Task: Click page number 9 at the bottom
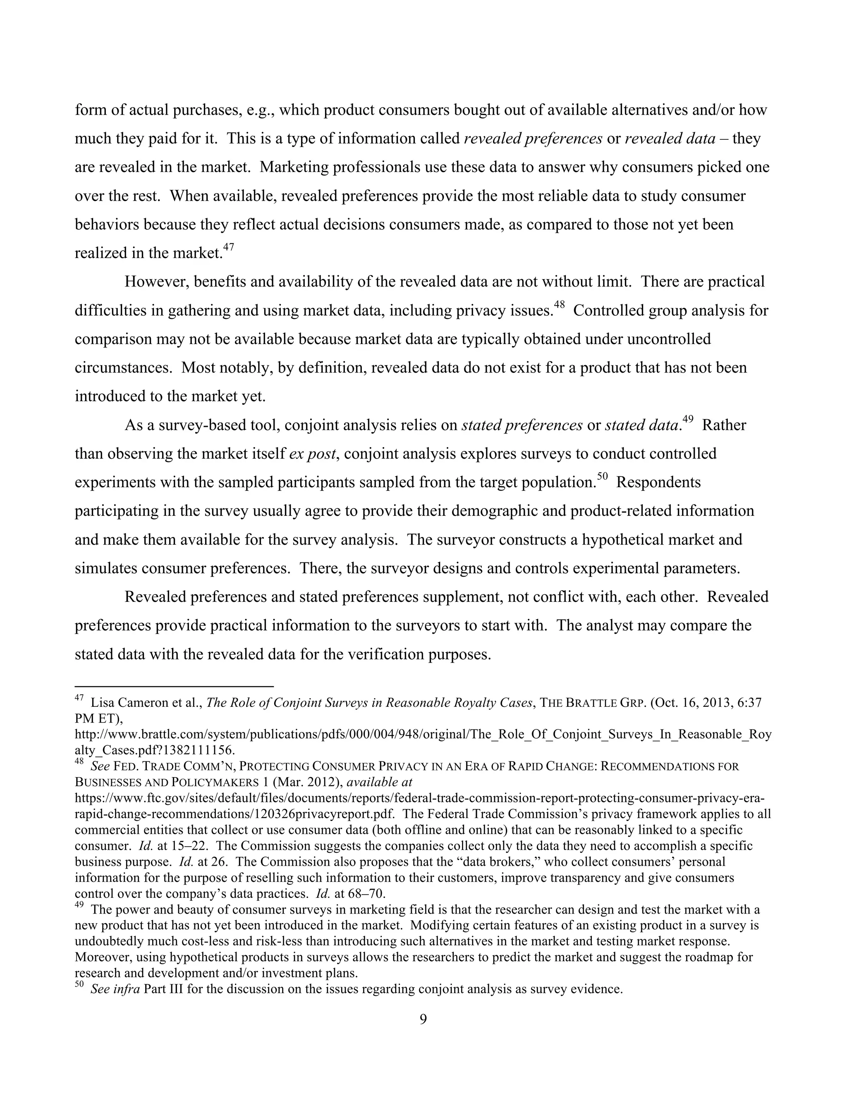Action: click(423, 1019)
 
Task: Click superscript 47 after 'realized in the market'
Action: click(229, 247)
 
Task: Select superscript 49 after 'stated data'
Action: click(688, 419)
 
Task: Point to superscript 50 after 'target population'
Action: click(602, 477)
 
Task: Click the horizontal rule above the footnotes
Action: click(174, 686)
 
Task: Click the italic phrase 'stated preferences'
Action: click(522, 426)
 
